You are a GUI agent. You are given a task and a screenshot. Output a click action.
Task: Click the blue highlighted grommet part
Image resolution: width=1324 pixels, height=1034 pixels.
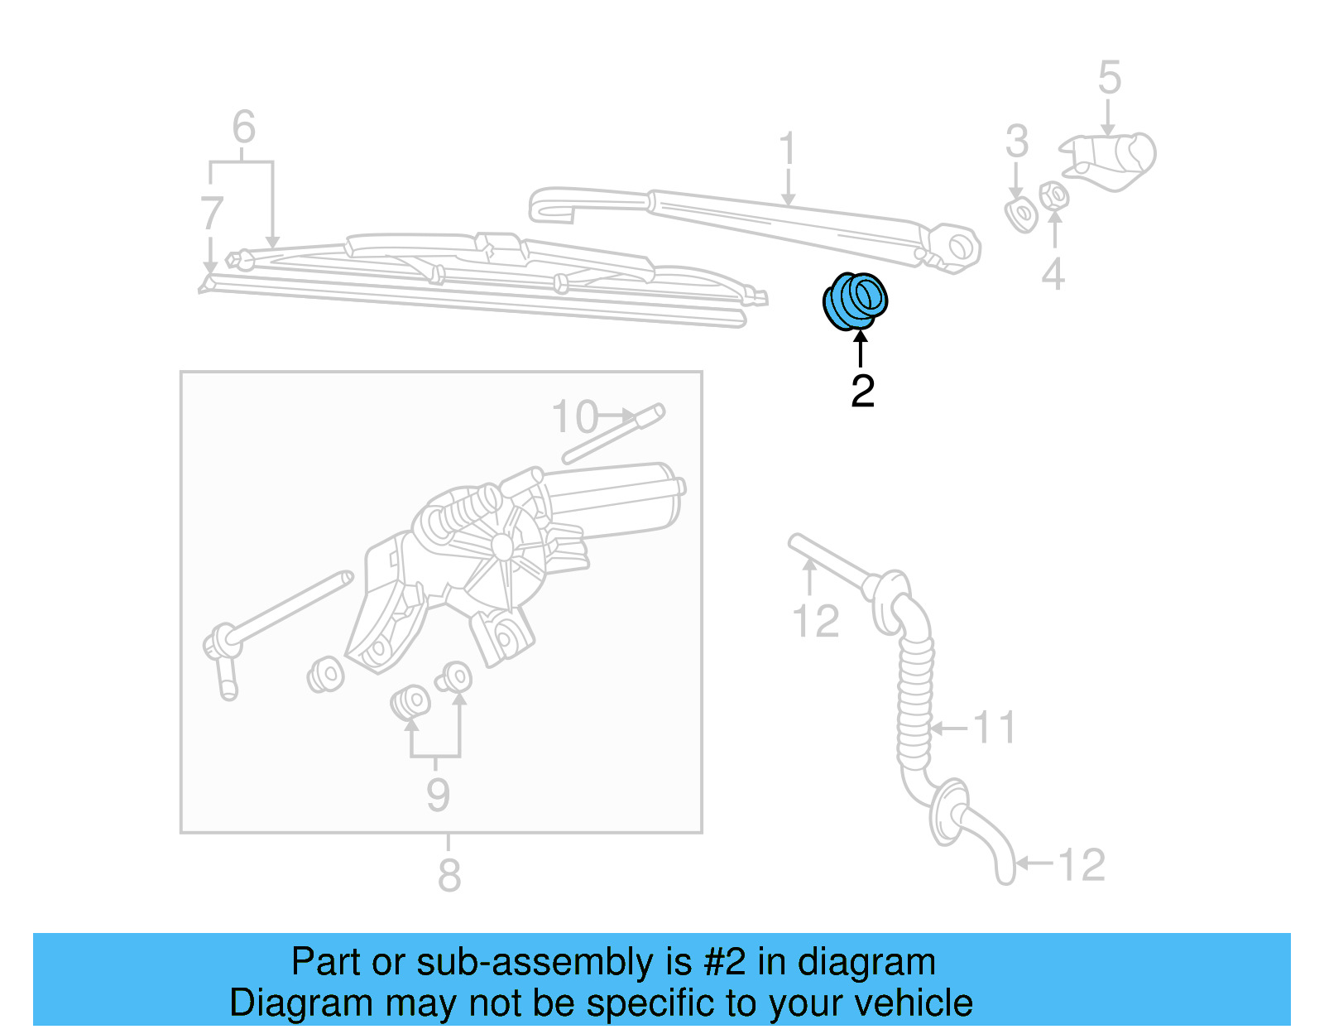click(855, 301)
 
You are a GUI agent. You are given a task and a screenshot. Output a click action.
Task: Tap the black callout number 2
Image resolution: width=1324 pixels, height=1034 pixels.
click(862, 392)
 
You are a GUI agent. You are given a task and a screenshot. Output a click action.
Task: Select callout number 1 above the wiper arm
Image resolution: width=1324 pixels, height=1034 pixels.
click(787, 150)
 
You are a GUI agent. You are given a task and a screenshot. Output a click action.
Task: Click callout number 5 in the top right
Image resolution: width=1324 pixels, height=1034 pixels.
click(1109, 78)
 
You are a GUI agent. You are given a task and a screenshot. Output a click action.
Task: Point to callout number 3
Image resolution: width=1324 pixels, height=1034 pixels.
click(1016, 142)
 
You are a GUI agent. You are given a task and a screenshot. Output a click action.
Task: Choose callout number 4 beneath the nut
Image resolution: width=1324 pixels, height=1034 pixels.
click(1052, 274)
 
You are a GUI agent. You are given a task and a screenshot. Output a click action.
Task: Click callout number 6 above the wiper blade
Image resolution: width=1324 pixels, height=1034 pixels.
click(243, 127)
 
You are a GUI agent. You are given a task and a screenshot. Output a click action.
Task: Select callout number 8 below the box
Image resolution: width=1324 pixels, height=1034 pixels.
click(449, 876)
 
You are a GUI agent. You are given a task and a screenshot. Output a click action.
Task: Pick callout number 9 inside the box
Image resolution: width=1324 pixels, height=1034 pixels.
click(438, 795)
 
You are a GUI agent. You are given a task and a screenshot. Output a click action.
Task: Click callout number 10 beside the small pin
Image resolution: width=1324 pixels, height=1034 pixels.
click(574, 417)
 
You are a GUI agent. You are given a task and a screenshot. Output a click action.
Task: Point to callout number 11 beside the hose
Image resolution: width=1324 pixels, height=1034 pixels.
click(993, 728)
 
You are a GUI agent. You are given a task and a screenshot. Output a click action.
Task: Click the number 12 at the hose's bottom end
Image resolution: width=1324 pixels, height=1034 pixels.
click(1081, 865)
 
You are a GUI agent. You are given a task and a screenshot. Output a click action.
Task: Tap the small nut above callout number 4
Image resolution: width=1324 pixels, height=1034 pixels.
click(1053, 196)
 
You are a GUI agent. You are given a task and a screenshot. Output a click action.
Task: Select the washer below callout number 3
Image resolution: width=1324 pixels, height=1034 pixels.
click(1021, 215)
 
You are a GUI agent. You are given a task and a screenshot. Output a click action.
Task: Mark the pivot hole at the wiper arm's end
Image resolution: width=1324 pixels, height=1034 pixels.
click(961, 246)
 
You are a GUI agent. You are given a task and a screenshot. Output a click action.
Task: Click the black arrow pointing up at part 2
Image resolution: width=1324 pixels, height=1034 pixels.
click(861, 348)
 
